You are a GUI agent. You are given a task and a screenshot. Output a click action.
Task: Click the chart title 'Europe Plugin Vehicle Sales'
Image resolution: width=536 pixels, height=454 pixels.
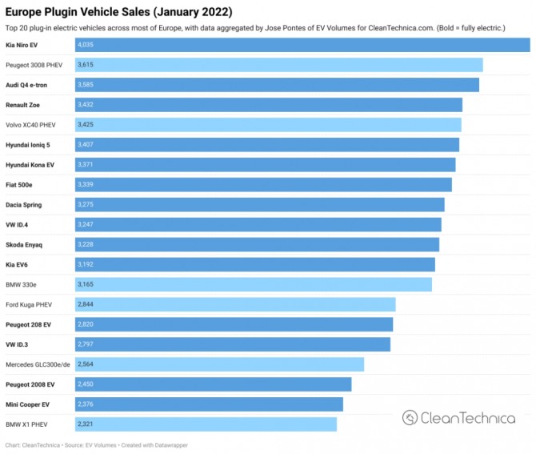coord(119,12)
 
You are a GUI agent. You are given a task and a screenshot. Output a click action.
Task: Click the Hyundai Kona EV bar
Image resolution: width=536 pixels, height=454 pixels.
coord(265,165)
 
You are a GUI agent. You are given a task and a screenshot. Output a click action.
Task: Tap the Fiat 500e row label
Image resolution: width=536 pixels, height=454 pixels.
coord(21,185)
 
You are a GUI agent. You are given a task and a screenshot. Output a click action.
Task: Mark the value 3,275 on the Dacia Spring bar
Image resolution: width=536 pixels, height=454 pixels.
coord(86,205)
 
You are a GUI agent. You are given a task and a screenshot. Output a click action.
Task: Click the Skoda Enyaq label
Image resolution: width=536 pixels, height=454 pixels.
coord(25,245)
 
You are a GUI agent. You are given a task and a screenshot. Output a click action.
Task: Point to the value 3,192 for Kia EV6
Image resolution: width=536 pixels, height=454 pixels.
coord(86,264)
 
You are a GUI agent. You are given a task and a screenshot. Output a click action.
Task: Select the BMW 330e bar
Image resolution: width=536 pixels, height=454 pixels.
coord(253,284)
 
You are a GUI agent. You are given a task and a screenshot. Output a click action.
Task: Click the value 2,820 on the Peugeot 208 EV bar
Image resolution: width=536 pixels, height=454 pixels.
coord(86,324)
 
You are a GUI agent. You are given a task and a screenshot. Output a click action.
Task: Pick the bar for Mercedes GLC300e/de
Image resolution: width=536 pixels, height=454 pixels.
coord(219,364)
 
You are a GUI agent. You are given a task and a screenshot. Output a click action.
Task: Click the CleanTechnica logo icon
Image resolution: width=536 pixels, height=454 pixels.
coord(410,417)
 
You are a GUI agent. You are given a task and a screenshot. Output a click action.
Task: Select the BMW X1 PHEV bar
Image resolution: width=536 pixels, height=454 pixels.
coord(206,424)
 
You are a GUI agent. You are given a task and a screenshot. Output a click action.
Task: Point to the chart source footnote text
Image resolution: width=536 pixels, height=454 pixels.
coord(96,445)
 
